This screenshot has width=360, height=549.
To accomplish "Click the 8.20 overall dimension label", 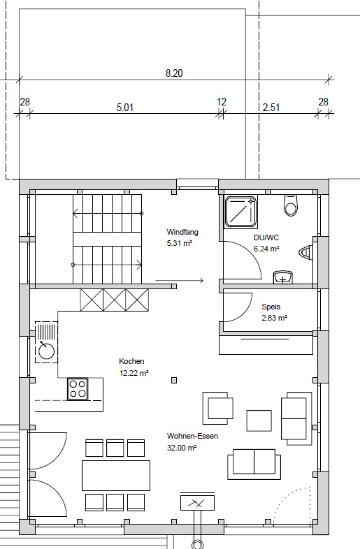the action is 174,73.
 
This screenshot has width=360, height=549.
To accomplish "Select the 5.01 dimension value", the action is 125,107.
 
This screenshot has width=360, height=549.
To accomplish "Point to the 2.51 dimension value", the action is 271,107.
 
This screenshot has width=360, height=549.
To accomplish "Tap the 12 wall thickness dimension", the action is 222,102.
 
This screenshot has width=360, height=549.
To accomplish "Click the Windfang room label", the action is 182,232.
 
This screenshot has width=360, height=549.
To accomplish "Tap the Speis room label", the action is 271,307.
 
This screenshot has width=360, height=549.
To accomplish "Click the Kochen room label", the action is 131,361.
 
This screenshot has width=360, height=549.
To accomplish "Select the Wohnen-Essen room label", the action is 192,436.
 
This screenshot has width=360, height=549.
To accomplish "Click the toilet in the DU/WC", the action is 291,205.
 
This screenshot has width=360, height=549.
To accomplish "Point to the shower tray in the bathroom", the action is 240,212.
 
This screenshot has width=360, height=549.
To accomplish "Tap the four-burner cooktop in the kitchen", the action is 78,388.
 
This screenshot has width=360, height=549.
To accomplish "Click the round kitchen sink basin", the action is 47,350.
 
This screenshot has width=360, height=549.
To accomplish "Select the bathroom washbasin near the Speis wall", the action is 283,277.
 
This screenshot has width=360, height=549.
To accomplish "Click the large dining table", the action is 116,476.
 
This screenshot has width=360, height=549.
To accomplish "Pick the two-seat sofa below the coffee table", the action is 254,464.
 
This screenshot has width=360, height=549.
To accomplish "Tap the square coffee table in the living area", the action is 259,420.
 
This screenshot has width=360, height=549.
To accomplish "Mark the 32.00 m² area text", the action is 182,448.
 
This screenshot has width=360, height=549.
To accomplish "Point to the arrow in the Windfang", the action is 180,280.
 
